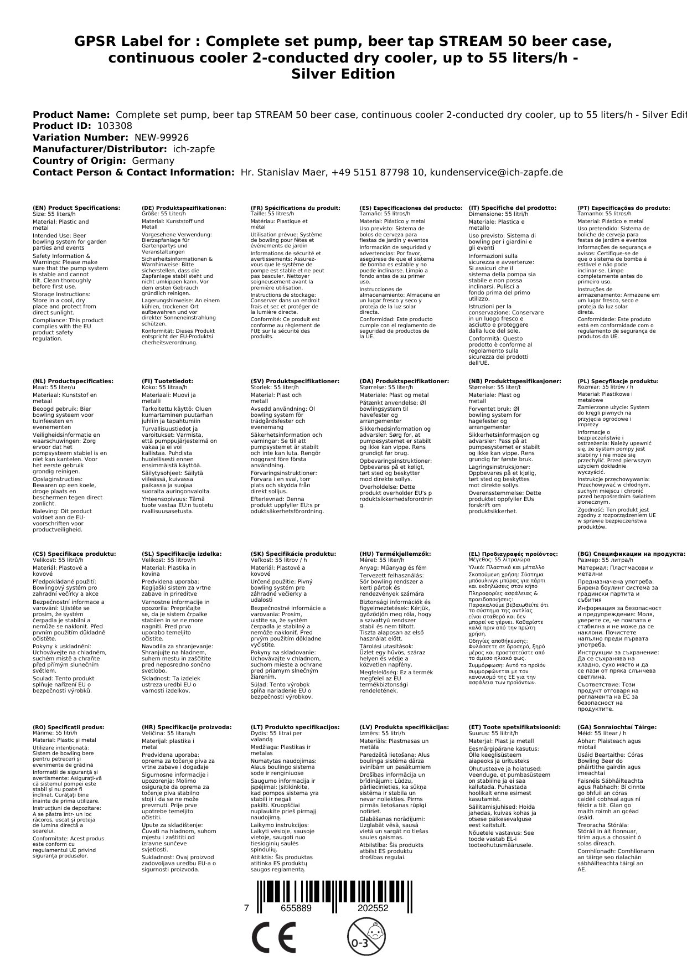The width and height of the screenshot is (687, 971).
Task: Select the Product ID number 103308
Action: coord(114,126)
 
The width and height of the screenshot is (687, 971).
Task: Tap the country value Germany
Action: coord(153,161)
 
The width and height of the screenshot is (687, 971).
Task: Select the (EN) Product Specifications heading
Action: coord(76,208)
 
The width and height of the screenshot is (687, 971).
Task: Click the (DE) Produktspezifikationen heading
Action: coord(184,208)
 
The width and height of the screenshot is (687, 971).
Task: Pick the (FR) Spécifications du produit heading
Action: coord(295,208)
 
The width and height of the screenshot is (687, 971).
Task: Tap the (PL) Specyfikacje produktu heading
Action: coord(618,381)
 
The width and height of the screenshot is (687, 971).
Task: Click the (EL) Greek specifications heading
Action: coord(513,554)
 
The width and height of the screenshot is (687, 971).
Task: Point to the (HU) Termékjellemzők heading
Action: coord(395,554)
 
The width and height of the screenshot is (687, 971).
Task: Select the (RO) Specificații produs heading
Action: coord(68,727)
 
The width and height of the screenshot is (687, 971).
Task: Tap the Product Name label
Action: coord(71,115)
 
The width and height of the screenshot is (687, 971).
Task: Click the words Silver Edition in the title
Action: coord(343,74)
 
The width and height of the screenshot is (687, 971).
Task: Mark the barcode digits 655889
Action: coord(296,908)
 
